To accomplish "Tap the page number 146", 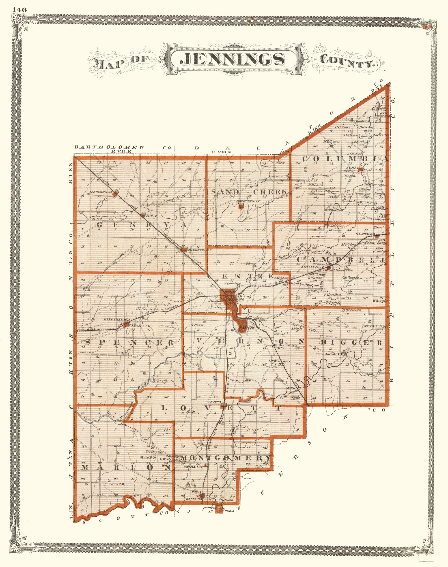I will point(19,10).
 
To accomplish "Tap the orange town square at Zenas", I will point(361,170).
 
